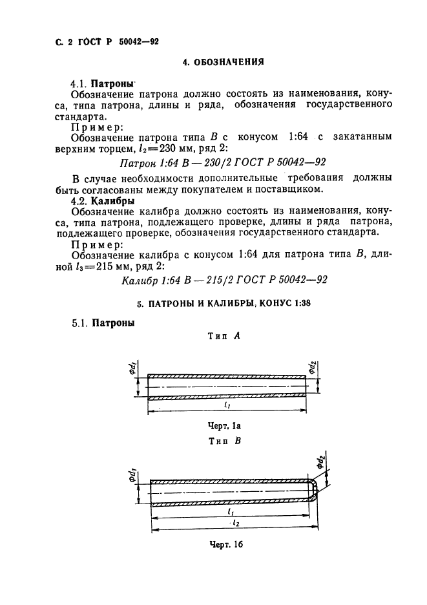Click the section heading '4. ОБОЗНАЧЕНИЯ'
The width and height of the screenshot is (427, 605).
coord(224,62)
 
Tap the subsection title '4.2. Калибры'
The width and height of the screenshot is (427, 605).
coord(103,200)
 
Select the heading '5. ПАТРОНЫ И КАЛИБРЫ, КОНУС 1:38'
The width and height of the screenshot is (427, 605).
coord(224,303)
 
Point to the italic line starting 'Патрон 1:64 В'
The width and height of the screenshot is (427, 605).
coord(223,162)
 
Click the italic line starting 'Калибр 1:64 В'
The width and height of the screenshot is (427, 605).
coord(225,280)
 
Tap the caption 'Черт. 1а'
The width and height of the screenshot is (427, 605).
coord(225,426)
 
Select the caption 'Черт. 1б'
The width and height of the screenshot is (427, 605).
coord(227,544)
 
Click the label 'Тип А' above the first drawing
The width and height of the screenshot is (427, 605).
coord(224,336)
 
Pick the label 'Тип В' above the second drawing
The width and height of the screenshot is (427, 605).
coord(225,441)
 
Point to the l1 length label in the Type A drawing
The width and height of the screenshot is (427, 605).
coord(227,405)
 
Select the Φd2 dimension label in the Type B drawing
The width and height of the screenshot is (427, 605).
coord(321,462)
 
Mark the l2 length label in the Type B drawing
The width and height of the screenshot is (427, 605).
coord(236,523)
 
